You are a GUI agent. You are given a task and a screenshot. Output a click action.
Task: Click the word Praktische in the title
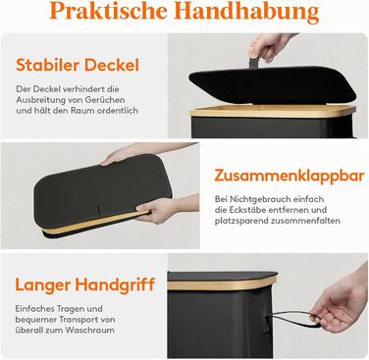pos(109,11)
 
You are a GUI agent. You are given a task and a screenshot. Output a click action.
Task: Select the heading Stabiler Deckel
pos(78,65)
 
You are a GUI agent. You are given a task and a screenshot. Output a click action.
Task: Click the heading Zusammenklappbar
pos(290,177)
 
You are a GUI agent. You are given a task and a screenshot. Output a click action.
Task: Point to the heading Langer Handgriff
pos(85,284)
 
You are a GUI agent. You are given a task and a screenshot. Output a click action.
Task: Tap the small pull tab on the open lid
pos(254,63)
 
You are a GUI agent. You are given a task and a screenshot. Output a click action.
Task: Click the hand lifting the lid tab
pos(268,46)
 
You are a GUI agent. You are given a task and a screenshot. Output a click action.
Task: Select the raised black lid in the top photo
pos(272,85)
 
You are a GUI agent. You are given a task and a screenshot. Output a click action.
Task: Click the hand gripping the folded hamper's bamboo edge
pos(158,209)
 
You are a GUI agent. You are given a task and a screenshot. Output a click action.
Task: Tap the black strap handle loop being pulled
pos(292,319)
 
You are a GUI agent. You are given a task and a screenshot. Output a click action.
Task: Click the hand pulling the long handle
pos(341,302)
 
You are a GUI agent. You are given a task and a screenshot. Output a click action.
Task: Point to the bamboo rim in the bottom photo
pos(222,283)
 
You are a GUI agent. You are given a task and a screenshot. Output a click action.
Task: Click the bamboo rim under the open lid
pos(272,112)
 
